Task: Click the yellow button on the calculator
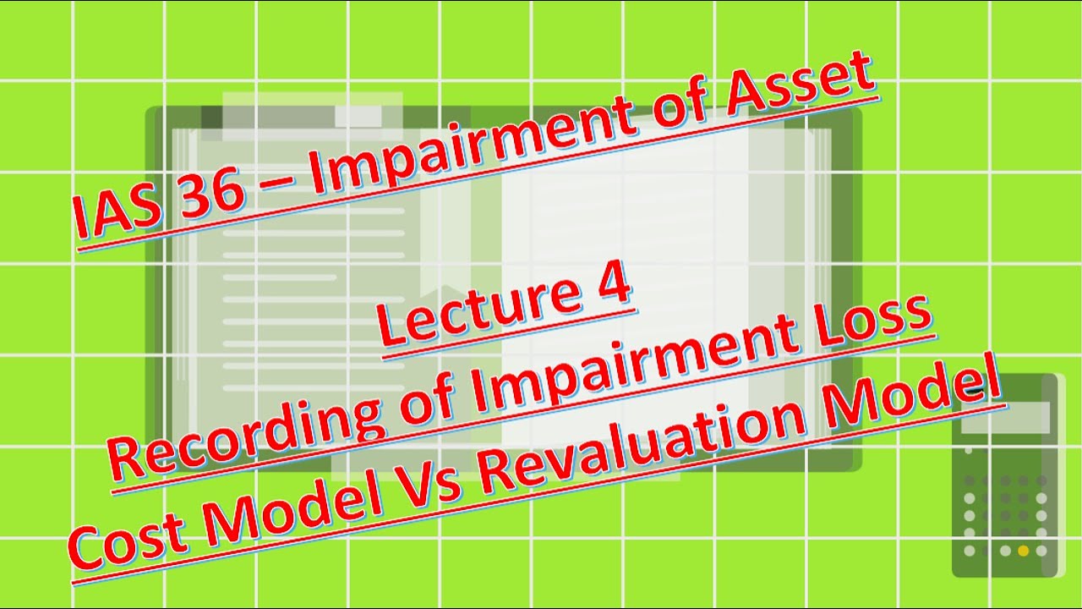click(x=1023, y=551)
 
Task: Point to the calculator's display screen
click(x=1005, y=417)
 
